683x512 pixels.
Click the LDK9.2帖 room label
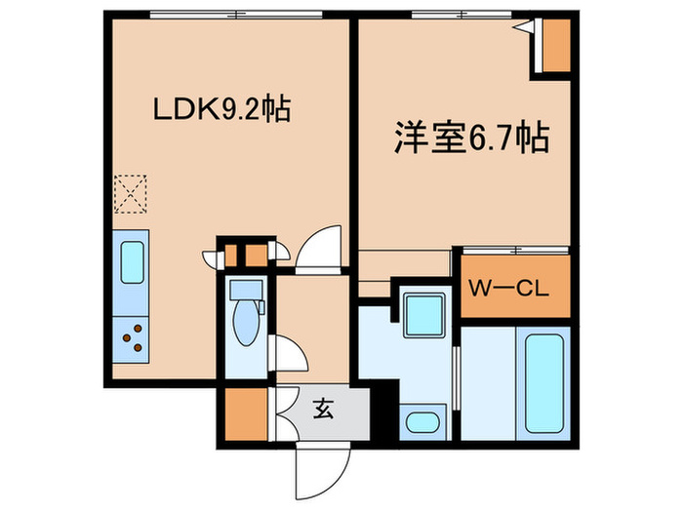220,109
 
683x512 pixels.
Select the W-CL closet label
511,289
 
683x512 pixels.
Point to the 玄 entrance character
324,409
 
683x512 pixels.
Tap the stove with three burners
131,338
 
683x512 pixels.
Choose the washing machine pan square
422,313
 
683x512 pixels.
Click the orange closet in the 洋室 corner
555,44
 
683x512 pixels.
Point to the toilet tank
244,290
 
